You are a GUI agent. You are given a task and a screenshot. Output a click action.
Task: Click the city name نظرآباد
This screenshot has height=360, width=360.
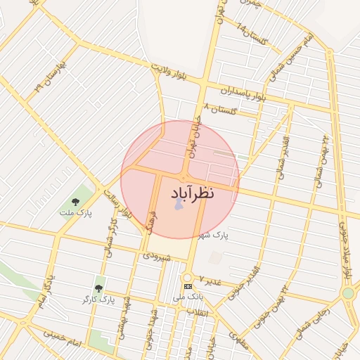(192, 191)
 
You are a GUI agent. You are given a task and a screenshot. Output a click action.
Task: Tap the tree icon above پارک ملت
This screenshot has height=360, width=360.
(76, 202)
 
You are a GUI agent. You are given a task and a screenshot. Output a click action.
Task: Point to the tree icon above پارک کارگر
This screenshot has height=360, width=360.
(98, 288)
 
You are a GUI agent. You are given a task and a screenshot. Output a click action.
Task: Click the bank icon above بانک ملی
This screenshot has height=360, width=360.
(188, 287)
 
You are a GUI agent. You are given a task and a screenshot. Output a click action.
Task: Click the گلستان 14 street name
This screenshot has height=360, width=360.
(253, 34)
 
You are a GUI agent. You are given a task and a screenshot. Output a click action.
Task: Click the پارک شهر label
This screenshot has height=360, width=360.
(214, 236)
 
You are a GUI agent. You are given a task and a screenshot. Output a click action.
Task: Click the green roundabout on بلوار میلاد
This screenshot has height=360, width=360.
(347, 293)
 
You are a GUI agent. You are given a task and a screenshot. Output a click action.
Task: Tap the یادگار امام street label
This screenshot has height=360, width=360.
(42, 294)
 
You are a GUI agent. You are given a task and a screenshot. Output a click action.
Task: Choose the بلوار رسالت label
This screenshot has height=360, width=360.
(118, 202)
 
